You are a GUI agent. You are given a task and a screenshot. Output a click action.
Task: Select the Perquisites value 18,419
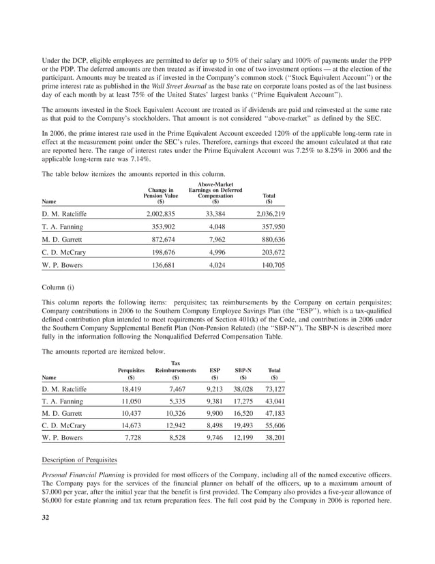(x=130, y=388)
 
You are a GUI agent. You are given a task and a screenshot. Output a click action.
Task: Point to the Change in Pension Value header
(x=161, y=195)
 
